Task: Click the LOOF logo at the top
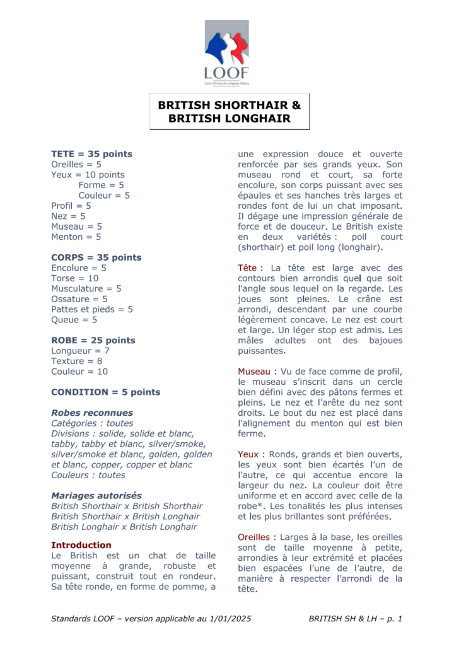227,52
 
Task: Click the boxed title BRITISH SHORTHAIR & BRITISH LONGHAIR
229,111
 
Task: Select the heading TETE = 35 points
91,154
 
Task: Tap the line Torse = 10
75,278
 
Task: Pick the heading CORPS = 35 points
96,257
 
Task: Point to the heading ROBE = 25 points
93,340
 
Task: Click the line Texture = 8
76,361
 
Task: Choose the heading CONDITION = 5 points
105,392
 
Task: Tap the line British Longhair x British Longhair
124,526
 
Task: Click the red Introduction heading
81,544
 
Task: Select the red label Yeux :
251,454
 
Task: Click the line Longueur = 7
81,351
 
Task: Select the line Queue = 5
74,320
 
